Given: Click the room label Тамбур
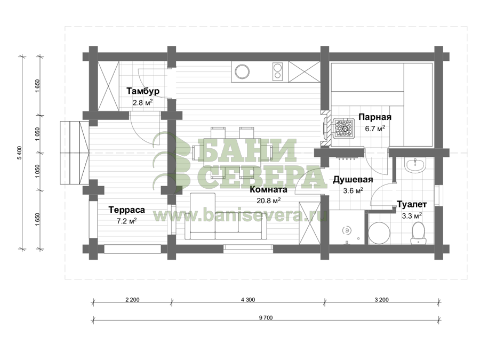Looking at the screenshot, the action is coord(143,91).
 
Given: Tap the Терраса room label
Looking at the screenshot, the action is coord(127,210).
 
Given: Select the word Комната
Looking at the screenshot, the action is coord(268,189).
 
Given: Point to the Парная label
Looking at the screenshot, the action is coord(375,117).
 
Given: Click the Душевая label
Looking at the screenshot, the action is coord(353,179).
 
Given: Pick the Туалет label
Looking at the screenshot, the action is coord(412,204).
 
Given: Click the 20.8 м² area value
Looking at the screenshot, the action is coord(269,201).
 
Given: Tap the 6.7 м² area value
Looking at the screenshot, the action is coord(375,128).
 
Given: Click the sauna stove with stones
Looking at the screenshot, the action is coord(344,129).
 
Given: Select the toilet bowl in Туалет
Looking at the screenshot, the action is coord(419,233).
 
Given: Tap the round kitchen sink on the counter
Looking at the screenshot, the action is coord(242,71).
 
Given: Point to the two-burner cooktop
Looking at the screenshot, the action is coord(278,71).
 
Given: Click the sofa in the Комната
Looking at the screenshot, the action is coord(226,217).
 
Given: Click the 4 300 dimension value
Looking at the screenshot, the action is coord(248,300).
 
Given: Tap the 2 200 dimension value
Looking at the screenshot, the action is coord(132,300).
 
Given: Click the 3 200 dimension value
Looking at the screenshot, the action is coord(381,300).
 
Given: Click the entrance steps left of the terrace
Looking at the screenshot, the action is coord(74,153).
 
